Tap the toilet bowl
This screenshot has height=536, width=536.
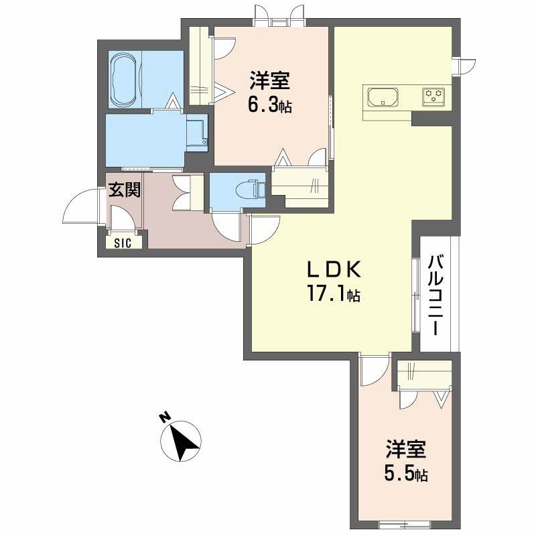point(249,189)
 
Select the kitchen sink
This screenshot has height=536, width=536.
point(383,97)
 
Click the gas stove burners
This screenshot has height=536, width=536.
point(433,96)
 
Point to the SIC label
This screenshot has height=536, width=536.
point(123,243)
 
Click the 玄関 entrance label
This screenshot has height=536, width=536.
point(125,190)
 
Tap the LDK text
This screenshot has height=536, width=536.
point(334,269)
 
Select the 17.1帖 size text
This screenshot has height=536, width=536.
point(334,293)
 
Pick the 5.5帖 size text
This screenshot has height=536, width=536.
point(406,474)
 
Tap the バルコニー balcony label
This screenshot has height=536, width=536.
point(435,295)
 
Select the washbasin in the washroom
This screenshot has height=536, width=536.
point(197,132)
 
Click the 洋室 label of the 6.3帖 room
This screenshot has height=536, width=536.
point(269,80)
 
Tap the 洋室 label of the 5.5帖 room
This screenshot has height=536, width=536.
point(406,449)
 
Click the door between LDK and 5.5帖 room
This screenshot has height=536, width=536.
point(375,370)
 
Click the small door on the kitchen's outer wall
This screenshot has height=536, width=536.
point(466,66)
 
